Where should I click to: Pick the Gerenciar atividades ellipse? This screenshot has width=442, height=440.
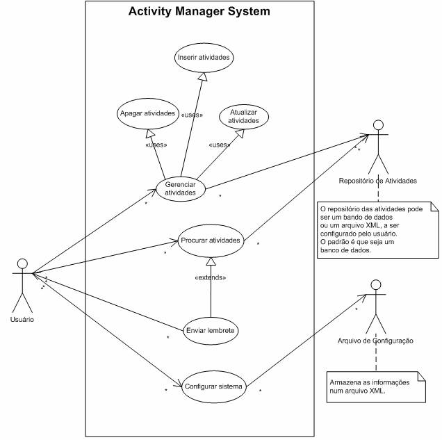click(181, 188)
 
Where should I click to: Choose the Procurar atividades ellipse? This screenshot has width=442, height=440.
click(210, 241)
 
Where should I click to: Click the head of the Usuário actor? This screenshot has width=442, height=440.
click(22, 264)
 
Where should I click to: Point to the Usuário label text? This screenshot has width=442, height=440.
click(23, 319)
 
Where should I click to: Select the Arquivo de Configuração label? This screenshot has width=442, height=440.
click(375, 341)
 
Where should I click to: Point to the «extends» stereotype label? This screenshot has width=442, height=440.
click(210, 278)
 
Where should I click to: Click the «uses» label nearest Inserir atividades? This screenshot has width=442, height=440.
click(192, 115)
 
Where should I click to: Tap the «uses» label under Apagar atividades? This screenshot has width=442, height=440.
click(156, 145)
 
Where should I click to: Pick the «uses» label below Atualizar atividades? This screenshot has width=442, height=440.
click(220, 145)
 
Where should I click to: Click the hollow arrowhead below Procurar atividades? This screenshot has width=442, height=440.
click(210, 263)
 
